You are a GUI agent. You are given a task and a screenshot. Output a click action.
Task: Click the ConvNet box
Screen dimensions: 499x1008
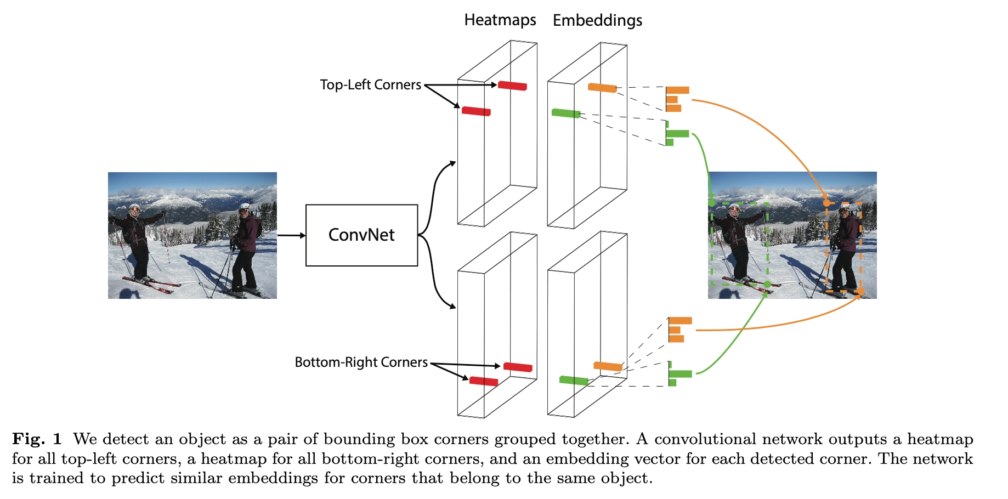[x=361, y=235]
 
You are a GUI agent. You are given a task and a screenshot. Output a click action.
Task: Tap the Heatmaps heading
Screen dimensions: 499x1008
[x=500, y=20]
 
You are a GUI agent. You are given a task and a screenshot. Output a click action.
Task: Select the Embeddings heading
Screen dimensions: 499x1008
[x=597, y=21]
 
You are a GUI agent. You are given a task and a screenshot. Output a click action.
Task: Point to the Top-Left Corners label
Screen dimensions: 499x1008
[x=370, y=85]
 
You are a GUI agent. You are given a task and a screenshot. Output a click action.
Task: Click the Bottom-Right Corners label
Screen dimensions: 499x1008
[x=361, y=362]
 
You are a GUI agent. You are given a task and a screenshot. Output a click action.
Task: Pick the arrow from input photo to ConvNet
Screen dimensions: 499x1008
[x=291, y=236]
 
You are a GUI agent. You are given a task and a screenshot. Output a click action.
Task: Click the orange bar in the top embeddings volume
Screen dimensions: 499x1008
[x=602, y=87]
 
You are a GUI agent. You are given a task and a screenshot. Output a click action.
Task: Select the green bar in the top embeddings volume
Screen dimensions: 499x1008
[x=566, y=114]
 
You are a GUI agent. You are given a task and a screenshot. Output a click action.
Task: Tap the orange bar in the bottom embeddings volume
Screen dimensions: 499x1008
[x=608, y=366]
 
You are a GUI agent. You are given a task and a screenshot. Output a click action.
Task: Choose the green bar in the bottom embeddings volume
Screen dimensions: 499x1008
[x=574, y=380]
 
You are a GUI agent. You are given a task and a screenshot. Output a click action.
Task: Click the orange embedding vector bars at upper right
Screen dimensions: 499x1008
[x=676, y=99]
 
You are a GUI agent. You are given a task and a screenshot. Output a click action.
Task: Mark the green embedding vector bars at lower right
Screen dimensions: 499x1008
[x=679, y=374]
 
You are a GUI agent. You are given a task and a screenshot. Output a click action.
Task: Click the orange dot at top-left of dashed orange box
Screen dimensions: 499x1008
[x=826, y=203]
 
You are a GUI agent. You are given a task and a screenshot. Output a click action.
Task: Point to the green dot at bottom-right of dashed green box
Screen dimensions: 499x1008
[x=767, y=284]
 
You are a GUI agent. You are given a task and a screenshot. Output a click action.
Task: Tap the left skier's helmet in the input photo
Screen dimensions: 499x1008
[x=135, y=208]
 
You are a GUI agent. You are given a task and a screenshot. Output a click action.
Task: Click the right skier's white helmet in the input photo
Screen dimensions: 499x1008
[x=245, y=208]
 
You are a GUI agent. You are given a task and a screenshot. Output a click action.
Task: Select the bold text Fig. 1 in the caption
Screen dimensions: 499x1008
[x=37, y=439]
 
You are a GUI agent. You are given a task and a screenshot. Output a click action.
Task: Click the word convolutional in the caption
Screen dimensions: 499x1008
[x=705, y=439]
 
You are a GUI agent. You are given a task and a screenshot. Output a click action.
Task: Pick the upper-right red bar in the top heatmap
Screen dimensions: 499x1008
[x=512, y=86]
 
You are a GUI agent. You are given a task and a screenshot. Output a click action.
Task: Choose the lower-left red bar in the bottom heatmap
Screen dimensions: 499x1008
[x=484, y=381]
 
